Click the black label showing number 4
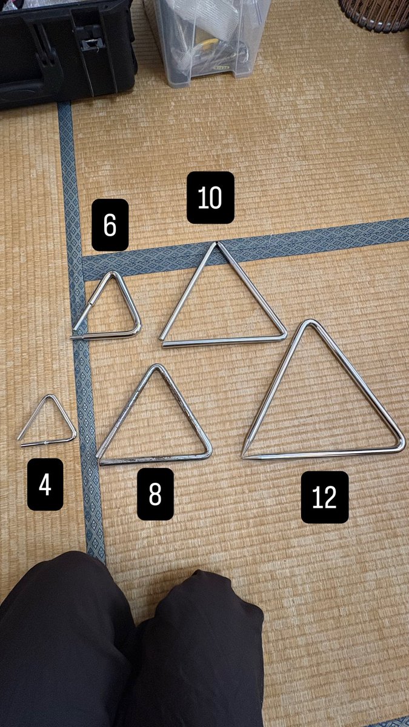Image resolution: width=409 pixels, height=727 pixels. pos(45,484)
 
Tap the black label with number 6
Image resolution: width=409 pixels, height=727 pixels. pos(110,225)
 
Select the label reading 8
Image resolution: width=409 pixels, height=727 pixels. pos(155,494)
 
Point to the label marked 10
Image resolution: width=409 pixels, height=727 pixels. pos(210,198)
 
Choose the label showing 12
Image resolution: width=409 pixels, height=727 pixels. pos(325,497)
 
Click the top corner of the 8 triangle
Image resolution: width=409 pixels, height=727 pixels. pos(158,366)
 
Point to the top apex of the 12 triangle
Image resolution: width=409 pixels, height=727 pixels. pos(308,321)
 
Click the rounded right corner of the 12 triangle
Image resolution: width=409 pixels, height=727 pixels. pos(402,446)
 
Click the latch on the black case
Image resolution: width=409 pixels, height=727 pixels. pos(91,41)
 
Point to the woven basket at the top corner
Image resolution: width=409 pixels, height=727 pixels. pos(376,13)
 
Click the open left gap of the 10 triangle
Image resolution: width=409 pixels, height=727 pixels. pos(161,341)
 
